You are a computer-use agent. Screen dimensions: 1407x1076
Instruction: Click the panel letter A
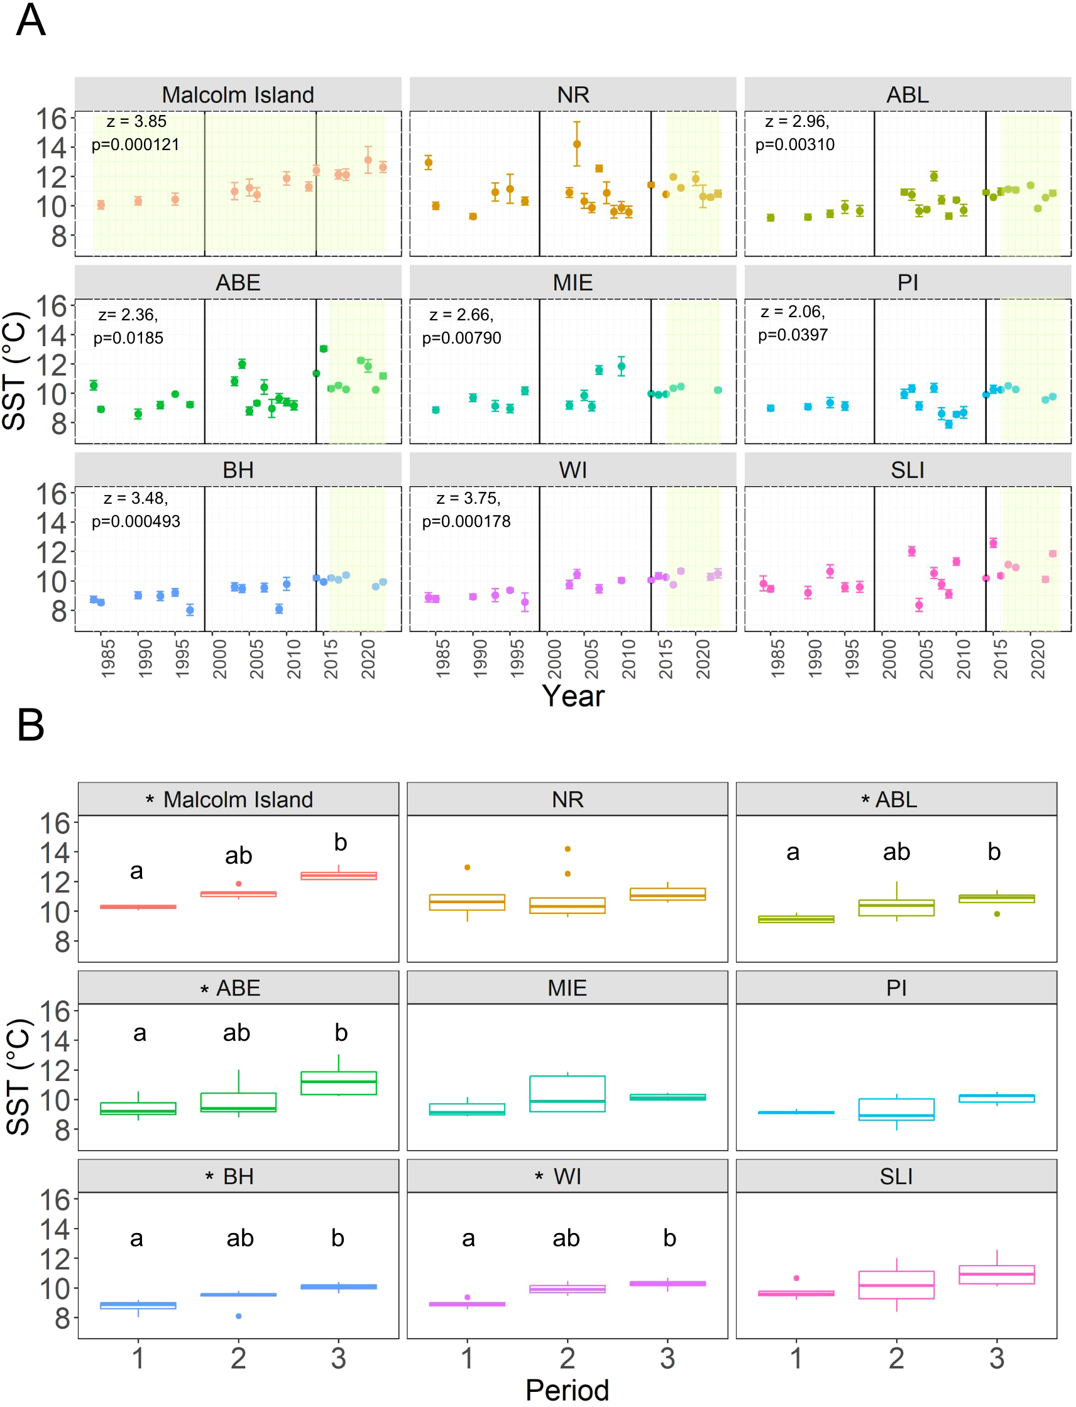(x=30, y=21)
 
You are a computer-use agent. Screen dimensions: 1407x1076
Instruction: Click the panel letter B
(x=30, y=725)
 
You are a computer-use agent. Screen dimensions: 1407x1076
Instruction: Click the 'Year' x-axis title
(x=573, y=696)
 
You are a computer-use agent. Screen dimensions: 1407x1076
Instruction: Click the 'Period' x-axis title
(x=567, y=1389)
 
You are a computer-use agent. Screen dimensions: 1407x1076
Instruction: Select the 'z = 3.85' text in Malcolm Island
(x=136, y=122)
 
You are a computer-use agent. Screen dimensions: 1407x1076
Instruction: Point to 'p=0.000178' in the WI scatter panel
(x=466, y=521)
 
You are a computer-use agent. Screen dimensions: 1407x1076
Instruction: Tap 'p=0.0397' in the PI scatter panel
(x=793, y=335)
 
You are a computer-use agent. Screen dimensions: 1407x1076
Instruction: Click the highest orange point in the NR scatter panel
(x=576, y=144)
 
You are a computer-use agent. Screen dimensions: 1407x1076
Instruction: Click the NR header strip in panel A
(x=573, y=95)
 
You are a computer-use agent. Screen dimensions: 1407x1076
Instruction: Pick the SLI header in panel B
(x=896, y=1176)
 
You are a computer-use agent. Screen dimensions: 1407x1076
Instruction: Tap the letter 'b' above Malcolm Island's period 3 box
(x=340, y=842)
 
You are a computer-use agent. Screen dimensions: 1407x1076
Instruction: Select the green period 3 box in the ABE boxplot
(x=338, y=1083)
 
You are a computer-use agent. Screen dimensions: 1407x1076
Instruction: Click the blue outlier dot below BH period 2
(x=238, y=1316)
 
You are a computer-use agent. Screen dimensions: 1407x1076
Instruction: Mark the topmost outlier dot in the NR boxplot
(x=568, y=849)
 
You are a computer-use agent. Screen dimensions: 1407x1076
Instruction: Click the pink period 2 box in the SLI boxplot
(x=896, y=1285)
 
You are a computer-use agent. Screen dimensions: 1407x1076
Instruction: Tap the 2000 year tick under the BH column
(x=220, y=660)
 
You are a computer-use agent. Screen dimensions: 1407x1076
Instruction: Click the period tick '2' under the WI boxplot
(x=567, y=1357)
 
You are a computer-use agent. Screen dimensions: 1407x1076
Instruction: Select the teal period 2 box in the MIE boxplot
(x=567, y=1094)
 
